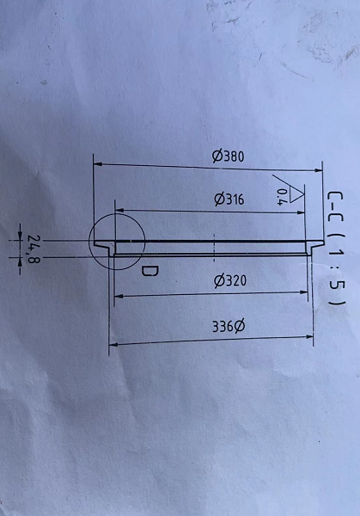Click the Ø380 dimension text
pos(228,157)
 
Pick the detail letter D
pos(149,271)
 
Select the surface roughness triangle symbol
pos(295,193)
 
